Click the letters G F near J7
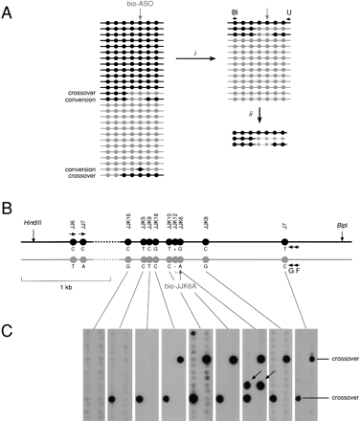293,269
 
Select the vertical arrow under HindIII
34,241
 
